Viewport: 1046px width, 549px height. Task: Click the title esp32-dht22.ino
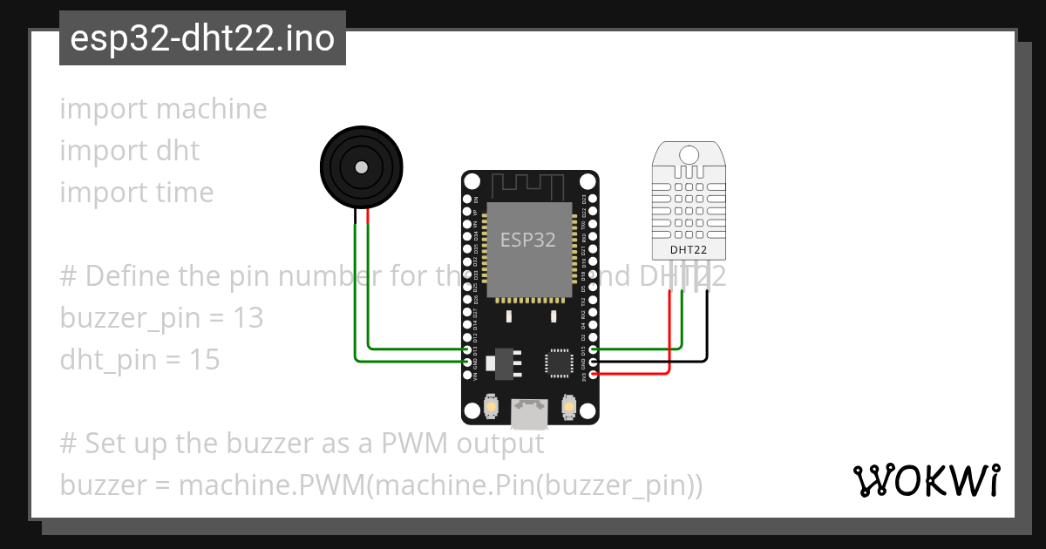click(202, 38)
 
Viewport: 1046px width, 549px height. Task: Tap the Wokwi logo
click(926, 480)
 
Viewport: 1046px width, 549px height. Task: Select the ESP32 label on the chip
click(527, 240)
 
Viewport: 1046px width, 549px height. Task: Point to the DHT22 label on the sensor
click(689, 251)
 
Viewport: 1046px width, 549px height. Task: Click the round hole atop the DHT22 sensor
click(689, 155)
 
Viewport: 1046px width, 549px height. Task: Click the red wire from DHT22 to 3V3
click(669, 340)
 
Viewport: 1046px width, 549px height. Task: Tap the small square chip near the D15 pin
click(558, 361)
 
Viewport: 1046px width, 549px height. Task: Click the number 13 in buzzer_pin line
click(248, 318)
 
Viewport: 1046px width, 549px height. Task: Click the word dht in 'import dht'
click(178, 151)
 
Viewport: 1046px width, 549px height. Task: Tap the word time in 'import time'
click(184, 193)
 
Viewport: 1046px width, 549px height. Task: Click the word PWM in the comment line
click(414, 444)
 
